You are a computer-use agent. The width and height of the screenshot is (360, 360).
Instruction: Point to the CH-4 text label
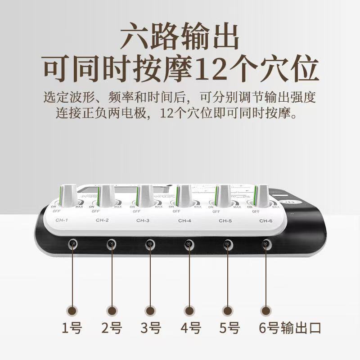click(185, 220)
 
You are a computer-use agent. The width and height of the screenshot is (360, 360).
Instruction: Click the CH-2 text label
click(103, 220)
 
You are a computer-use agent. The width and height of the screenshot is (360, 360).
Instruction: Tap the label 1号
click(72, 328)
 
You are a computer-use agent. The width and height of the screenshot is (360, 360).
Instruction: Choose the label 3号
click(150, 328)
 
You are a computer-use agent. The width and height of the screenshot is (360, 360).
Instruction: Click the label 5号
click(229, 328)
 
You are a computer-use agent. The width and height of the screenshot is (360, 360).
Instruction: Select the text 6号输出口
click(290, 328)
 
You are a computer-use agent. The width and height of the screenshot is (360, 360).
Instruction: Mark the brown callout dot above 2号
click(112, 310)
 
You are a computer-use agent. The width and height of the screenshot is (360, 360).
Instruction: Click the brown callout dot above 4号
click(189, 310)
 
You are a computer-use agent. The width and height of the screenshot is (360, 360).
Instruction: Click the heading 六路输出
click(180, 37)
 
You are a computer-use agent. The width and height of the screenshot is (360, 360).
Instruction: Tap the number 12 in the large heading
click(207, 68)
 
